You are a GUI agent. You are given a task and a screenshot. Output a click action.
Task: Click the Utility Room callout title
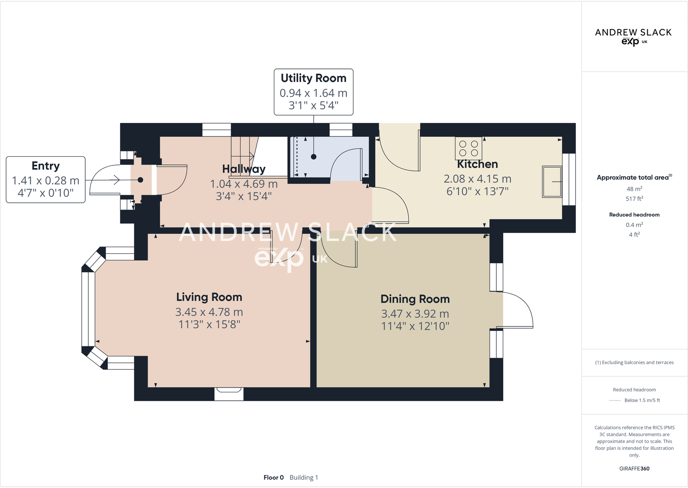pos(313,78)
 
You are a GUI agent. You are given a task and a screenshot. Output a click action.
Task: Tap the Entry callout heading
pos(45,166)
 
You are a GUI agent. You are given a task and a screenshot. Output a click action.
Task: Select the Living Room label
pos(209,297)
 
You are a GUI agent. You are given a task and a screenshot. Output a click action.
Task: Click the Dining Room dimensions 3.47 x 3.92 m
pos(415,314)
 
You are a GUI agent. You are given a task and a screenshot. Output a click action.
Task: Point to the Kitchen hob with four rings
pos(469,148)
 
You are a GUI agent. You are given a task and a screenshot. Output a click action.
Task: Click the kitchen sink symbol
pos(552,182)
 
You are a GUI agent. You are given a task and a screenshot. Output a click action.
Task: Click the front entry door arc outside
pos(104,180)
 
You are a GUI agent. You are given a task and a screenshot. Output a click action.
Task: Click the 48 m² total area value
pos(634,189)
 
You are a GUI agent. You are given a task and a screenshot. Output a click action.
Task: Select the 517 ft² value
pos(634,199)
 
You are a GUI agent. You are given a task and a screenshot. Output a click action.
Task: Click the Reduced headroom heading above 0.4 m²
pos(634,215)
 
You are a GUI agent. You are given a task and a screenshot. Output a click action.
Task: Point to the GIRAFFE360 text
pos(634,469)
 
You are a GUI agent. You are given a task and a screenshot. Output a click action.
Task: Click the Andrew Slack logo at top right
pos(633,36)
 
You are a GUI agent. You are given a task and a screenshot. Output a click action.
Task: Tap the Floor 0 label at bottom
pos(273,478)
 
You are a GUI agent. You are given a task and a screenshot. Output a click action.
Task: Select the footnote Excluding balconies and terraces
pos(634,362)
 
